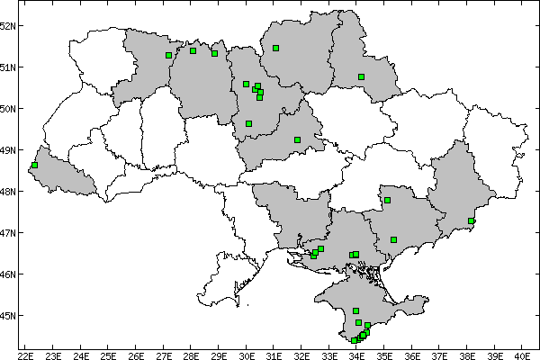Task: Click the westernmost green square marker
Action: pos(34,166)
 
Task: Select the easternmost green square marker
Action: pos(472,220)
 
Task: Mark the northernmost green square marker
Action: pos(275,48)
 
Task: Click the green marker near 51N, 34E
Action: pos(361,76)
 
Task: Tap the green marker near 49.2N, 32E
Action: pos(297,139)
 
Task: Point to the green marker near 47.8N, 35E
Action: pos(387,200)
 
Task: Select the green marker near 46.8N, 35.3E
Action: pos(394,239)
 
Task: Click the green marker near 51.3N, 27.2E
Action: pos(168,55)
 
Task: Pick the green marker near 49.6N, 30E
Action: pos(248,123)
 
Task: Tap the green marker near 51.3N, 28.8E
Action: pos(214,53)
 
